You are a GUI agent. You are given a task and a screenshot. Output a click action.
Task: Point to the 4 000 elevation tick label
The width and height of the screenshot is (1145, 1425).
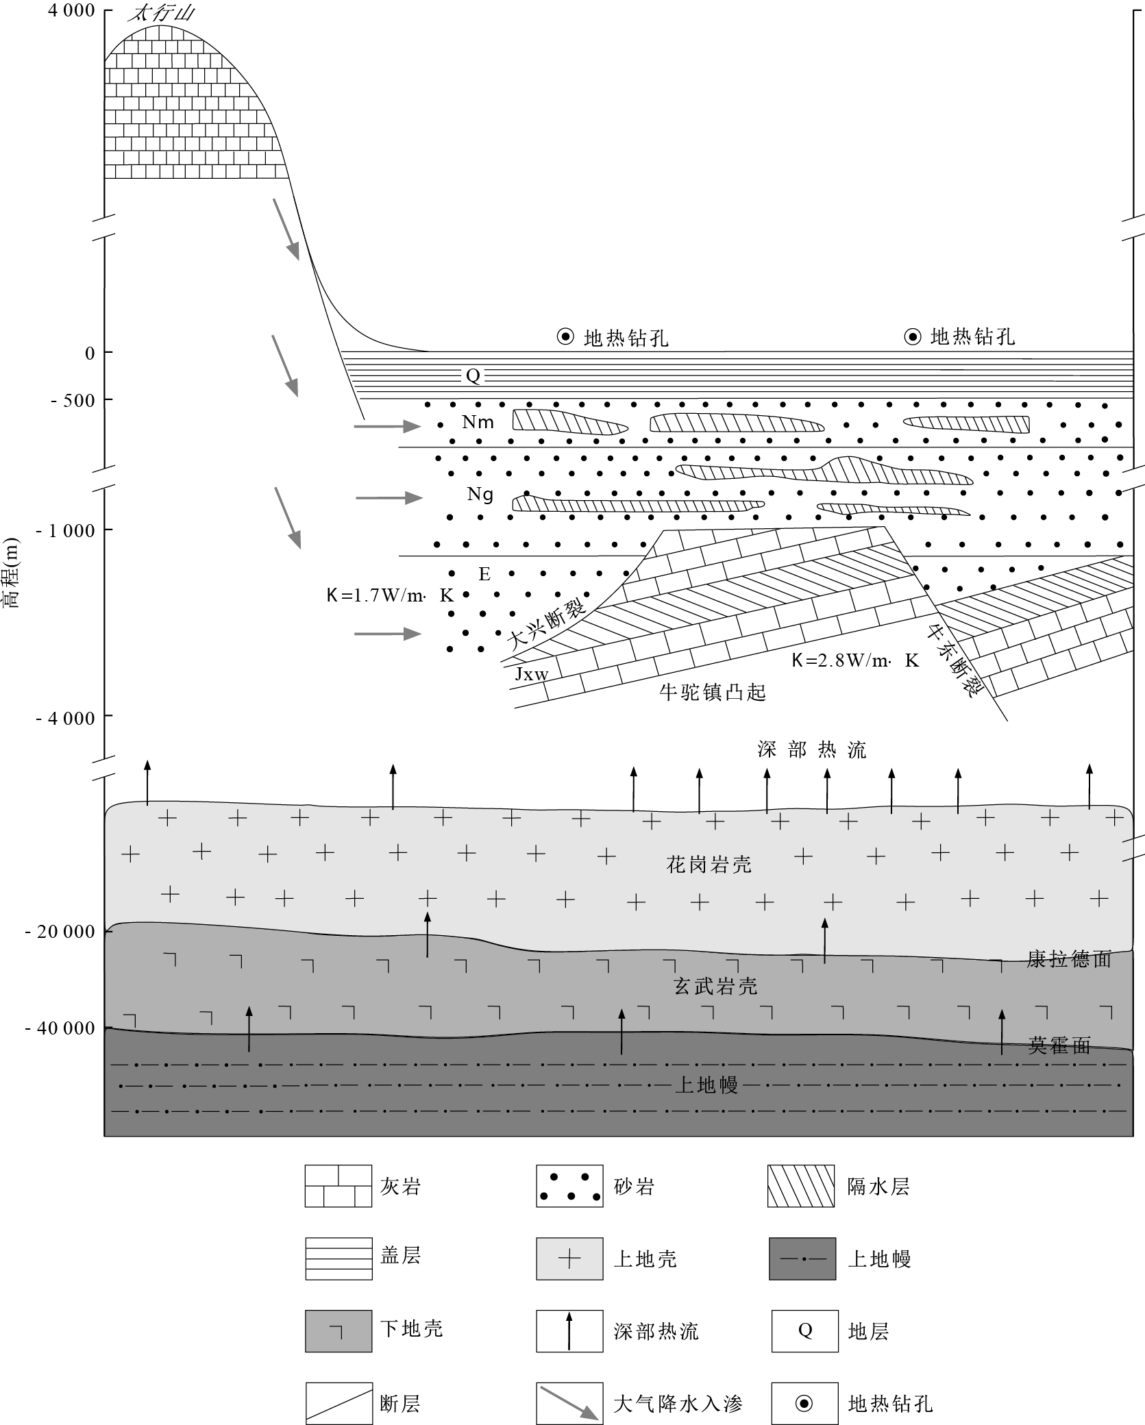(71, 12)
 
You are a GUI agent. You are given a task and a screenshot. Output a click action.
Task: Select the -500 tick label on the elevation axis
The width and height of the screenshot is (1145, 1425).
(73, 401)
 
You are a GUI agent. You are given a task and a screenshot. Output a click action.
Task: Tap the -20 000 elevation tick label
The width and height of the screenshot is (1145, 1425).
(60, 932)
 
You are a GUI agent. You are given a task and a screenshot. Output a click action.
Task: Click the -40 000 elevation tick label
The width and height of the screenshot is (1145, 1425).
(60, 1029)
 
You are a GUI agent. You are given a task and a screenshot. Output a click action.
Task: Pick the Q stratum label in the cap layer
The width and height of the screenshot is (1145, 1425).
(473, 375)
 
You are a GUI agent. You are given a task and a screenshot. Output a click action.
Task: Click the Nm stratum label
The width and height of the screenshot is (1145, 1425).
(478, 422)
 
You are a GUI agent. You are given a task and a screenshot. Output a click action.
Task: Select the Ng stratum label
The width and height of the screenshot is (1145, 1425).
(480, 494)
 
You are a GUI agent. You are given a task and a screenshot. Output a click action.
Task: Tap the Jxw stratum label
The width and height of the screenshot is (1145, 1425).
(532, 674)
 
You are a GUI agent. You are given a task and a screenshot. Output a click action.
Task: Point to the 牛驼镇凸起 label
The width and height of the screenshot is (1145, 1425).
(712, 693)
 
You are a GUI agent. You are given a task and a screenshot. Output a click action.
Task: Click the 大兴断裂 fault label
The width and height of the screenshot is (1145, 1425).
(547, 624)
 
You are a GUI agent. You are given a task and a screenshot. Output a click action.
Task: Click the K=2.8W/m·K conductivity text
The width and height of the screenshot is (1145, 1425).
(854, 660)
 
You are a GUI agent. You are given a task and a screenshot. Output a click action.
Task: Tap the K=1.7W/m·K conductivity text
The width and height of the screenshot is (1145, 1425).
(390, 595)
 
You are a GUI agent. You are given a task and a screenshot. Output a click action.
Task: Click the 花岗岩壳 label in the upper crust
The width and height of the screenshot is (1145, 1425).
(709, 865)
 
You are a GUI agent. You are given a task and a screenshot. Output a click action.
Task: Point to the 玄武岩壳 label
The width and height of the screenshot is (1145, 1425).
(715, 986)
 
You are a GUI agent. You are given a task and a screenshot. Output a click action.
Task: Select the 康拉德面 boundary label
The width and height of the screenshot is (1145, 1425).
(1068, 959)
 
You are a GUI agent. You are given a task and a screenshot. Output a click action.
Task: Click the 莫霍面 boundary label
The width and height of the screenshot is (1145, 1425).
(1059, 1045)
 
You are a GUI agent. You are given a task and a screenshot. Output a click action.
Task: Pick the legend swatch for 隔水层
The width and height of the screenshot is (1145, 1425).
(801, 1186)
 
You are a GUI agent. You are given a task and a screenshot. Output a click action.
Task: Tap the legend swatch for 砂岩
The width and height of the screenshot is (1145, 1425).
(569, 1186)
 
